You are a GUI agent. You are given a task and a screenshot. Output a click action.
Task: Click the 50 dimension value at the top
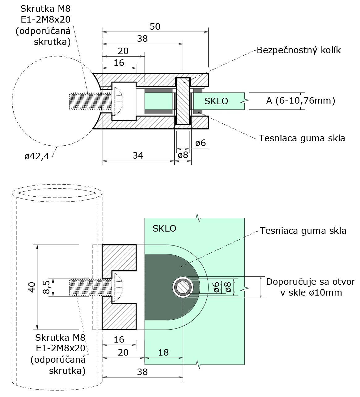pyautogui.click(x=155, y=27)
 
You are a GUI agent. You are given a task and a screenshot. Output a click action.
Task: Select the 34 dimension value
pyautogui.click(x=138, y=155)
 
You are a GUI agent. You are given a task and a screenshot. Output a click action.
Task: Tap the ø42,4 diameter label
pyautogui.click(x=37, y=156)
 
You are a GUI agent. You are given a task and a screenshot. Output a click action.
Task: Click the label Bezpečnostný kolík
pyautogui.click(x=299, y=50)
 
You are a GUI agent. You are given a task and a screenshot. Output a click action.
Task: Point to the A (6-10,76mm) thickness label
pyautogui.click(x=300, y=100)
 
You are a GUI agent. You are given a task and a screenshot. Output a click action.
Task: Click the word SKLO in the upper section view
pyautogui.click(x=216, y=101)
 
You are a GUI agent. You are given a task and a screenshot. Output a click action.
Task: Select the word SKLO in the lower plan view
pyautogui.click(x=164, y=228)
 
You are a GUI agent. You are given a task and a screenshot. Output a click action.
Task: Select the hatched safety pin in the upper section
pyautogui.click(x=183, y=101)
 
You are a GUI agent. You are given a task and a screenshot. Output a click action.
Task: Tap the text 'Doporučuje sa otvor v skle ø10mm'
pyautogui.click(x=311, y=287)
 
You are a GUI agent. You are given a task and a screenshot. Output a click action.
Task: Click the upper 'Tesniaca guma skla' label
pyautogui.click(x=302, y=138)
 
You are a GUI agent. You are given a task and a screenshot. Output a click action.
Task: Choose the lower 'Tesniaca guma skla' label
pyautogui.click(x=303, y=231)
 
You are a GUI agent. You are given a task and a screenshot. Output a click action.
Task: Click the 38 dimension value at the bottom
pyautogui.click(x=142, y=372)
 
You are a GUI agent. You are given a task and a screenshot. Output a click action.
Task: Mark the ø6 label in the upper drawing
pyautogui.click(x=201, y=143)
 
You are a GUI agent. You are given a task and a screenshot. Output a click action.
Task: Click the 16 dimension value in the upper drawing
pyautogui.click(x=119, y=63)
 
